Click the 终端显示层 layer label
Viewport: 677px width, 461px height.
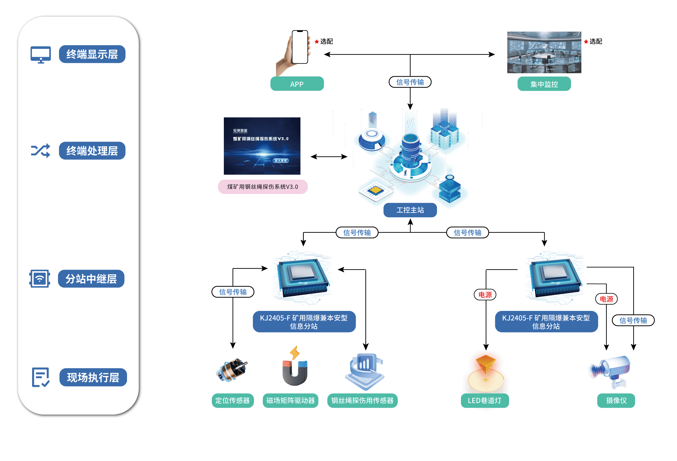(x=92, y=54)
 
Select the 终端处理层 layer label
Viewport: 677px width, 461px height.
(x=92, y=151)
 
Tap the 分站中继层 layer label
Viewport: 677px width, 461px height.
(x=91, y=279)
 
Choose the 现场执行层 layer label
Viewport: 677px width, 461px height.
(x=93, y=377)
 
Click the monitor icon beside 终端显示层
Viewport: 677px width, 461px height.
(x=41, y=54)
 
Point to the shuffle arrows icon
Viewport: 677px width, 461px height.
(x=40, y=151)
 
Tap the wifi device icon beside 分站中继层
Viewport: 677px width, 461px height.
(x=40, y=279)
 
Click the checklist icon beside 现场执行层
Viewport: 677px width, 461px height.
(x=40, y=377)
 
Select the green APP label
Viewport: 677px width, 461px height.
(x=297, y=84)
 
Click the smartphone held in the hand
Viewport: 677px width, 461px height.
(x=300, y=47)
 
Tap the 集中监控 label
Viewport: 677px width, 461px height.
(x=544, y=84)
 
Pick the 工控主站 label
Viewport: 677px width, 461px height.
(x=410, y=210)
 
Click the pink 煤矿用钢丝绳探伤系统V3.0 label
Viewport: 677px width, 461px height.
(x=262, y=187)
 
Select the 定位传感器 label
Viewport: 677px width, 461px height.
(x=232, y=400)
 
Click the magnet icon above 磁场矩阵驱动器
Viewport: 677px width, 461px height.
(x=295, y=369)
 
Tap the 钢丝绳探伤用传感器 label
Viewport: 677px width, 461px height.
(x=362, y=400)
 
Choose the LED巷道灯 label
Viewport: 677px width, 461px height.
(x=485, y=400)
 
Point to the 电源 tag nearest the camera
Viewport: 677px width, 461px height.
(x=606, y=299)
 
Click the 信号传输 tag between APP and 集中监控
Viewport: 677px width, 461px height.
(x=410, y=82)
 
